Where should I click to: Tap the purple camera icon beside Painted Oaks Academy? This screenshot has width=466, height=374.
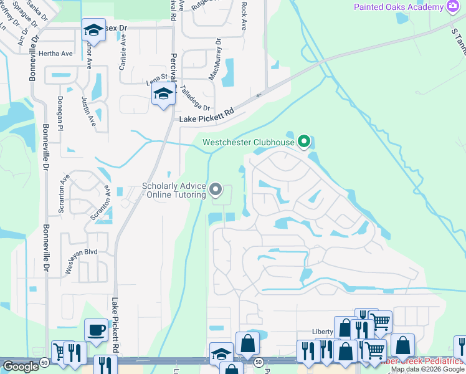click(454, 6)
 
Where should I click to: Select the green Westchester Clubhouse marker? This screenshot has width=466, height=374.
click(304, 142)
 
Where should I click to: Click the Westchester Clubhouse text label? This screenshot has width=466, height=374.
click(248, 143)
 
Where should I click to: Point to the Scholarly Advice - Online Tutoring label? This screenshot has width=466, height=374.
click(174, 190)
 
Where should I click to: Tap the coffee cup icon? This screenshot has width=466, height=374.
click(96, 329)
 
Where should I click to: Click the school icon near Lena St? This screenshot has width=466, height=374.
click(163, 94)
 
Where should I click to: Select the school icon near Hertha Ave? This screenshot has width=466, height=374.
click(93, 29)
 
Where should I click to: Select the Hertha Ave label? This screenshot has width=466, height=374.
click(55, 54)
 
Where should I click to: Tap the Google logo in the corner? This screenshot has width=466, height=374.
click(21, 367)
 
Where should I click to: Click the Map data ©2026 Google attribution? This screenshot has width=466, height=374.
click(427, 369)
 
